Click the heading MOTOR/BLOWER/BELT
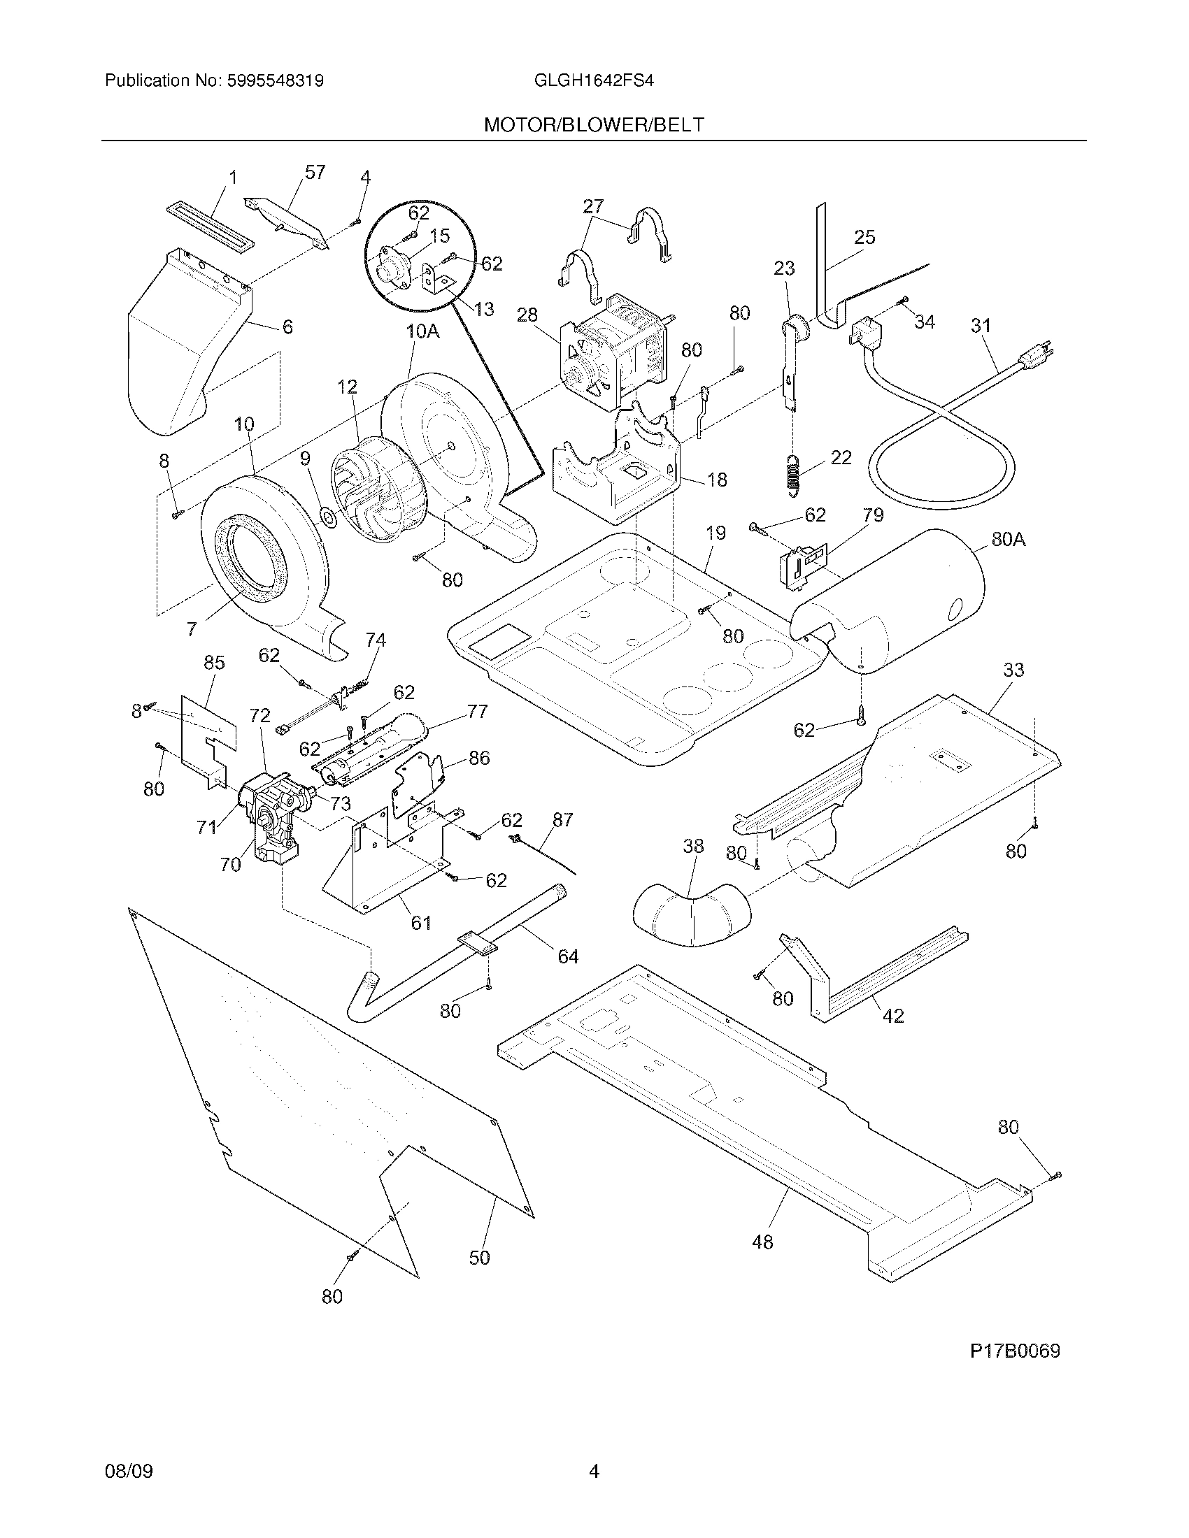point(594,125)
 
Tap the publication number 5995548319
point(276,81)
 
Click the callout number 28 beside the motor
point(527,315)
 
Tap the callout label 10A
point(422,331)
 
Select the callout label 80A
point(1008,540)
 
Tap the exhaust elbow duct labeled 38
point(693,916)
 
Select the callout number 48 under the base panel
point(762,1242)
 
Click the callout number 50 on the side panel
point(479,1257)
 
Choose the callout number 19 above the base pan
point(715,533)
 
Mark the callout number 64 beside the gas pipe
point(568,956)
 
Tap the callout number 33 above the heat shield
point(1013,670)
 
